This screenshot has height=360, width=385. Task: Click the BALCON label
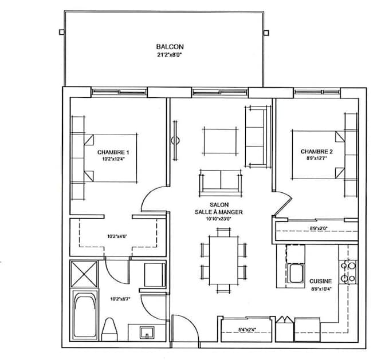[170, 46]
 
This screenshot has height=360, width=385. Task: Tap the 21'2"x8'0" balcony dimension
[170, 55]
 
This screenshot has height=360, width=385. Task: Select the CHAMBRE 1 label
[113, 152]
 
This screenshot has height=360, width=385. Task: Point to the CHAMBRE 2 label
[317, 152]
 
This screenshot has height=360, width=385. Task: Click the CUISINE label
[320, 281]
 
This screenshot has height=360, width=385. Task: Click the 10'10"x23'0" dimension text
[219, 219]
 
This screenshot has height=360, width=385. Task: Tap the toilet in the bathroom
[109, 329]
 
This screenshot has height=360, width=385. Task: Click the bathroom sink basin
[147, 333]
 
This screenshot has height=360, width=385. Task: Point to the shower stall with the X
[84, 274]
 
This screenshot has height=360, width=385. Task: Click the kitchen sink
[296, 273]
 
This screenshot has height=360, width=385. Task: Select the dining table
[223, 260]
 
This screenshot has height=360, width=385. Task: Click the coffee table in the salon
[220, 141]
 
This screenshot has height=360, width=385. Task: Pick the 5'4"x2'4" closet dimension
[247, 330]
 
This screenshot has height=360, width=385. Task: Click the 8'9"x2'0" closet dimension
[319, 228]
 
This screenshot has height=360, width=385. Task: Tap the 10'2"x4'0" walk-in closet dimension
[117, 236]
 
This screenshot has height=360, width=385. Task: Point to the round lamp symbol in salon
[175, 141]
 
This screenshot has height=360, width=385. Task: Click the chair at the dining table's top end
[223, 232]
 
